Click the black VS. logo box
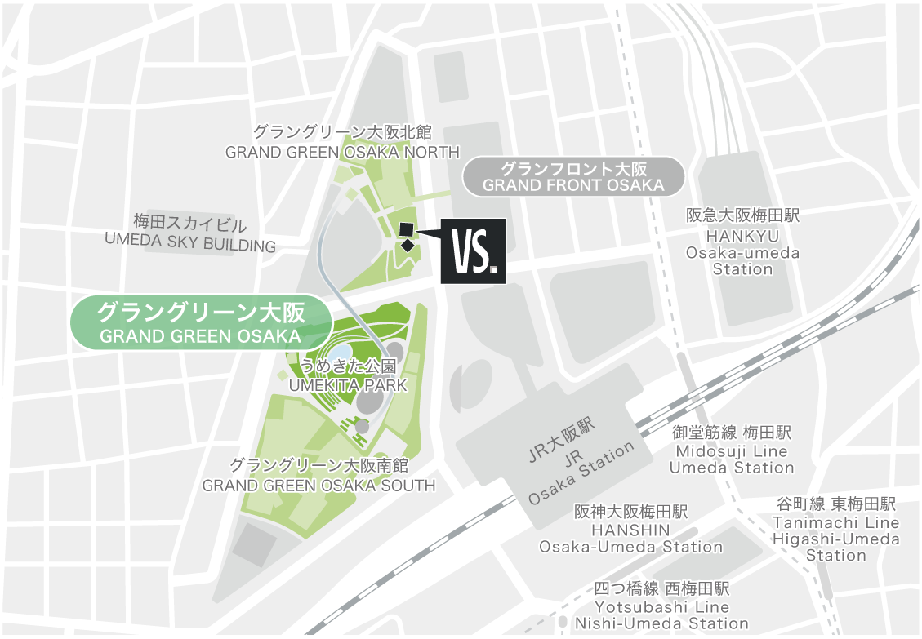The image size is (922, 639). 473,251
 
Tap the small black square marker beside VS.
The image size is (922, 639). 407,229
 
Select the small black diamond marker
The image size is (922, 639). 407,245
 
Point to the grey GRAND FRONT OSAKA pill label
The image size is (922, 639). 573,177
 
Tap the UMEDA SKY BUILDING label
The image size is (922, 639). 190,246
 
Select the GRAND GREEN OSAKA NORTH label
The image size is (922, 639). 342,152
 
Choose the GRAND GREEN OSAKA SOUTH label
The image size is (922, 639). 318,486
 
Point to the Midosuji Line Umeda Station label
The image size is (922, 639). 732,459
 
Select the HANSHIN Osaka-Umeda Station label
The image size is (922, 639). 630,538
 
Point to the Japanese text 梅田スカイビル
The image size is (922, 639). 190,223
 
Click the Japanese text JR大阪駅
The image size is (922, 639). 563,441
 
